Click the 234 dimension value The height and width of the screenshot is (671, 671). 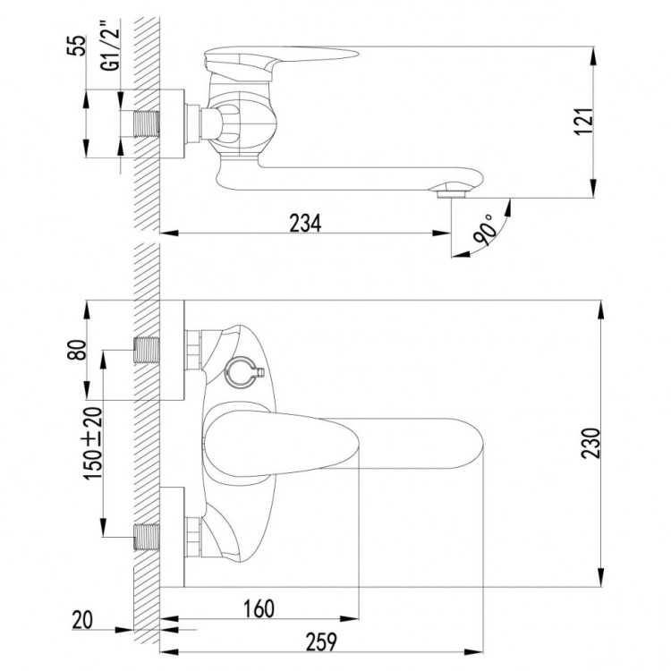[x=304, y=223]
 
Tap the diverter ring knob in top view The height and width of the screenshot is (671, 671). [x=242, y=369]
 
